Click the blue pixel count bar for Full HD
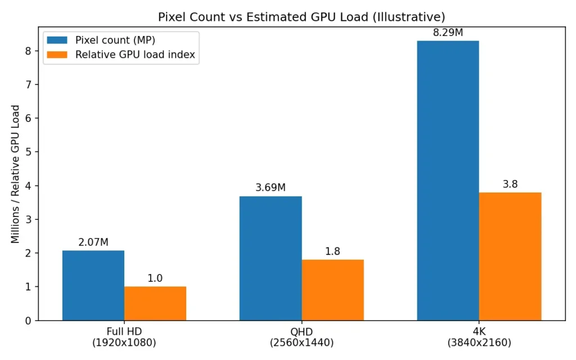click(93, 285)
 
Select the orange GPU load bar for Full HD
click(155, 303)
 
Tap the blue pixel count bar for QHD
click(271, 258)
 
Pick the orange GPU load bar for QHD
click(332, 290)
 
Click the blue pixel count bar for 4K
click(448, 180)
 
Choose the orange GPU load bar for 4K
click(510, 256)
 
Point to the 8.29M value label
click(448, 33)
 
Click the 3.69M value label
click(271, 188)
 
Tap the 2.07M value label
click(93, 242)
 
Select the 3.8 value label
click(510, 184)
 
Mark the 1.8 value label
click(332, 251)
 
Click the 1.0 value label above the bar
click(155, 278)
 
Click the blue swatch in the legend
click(58, 40)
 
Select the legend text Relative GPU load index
click(135, 55)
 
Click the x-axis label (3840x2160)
click(479, 342)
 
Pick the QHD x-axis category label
click(301, 331)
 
